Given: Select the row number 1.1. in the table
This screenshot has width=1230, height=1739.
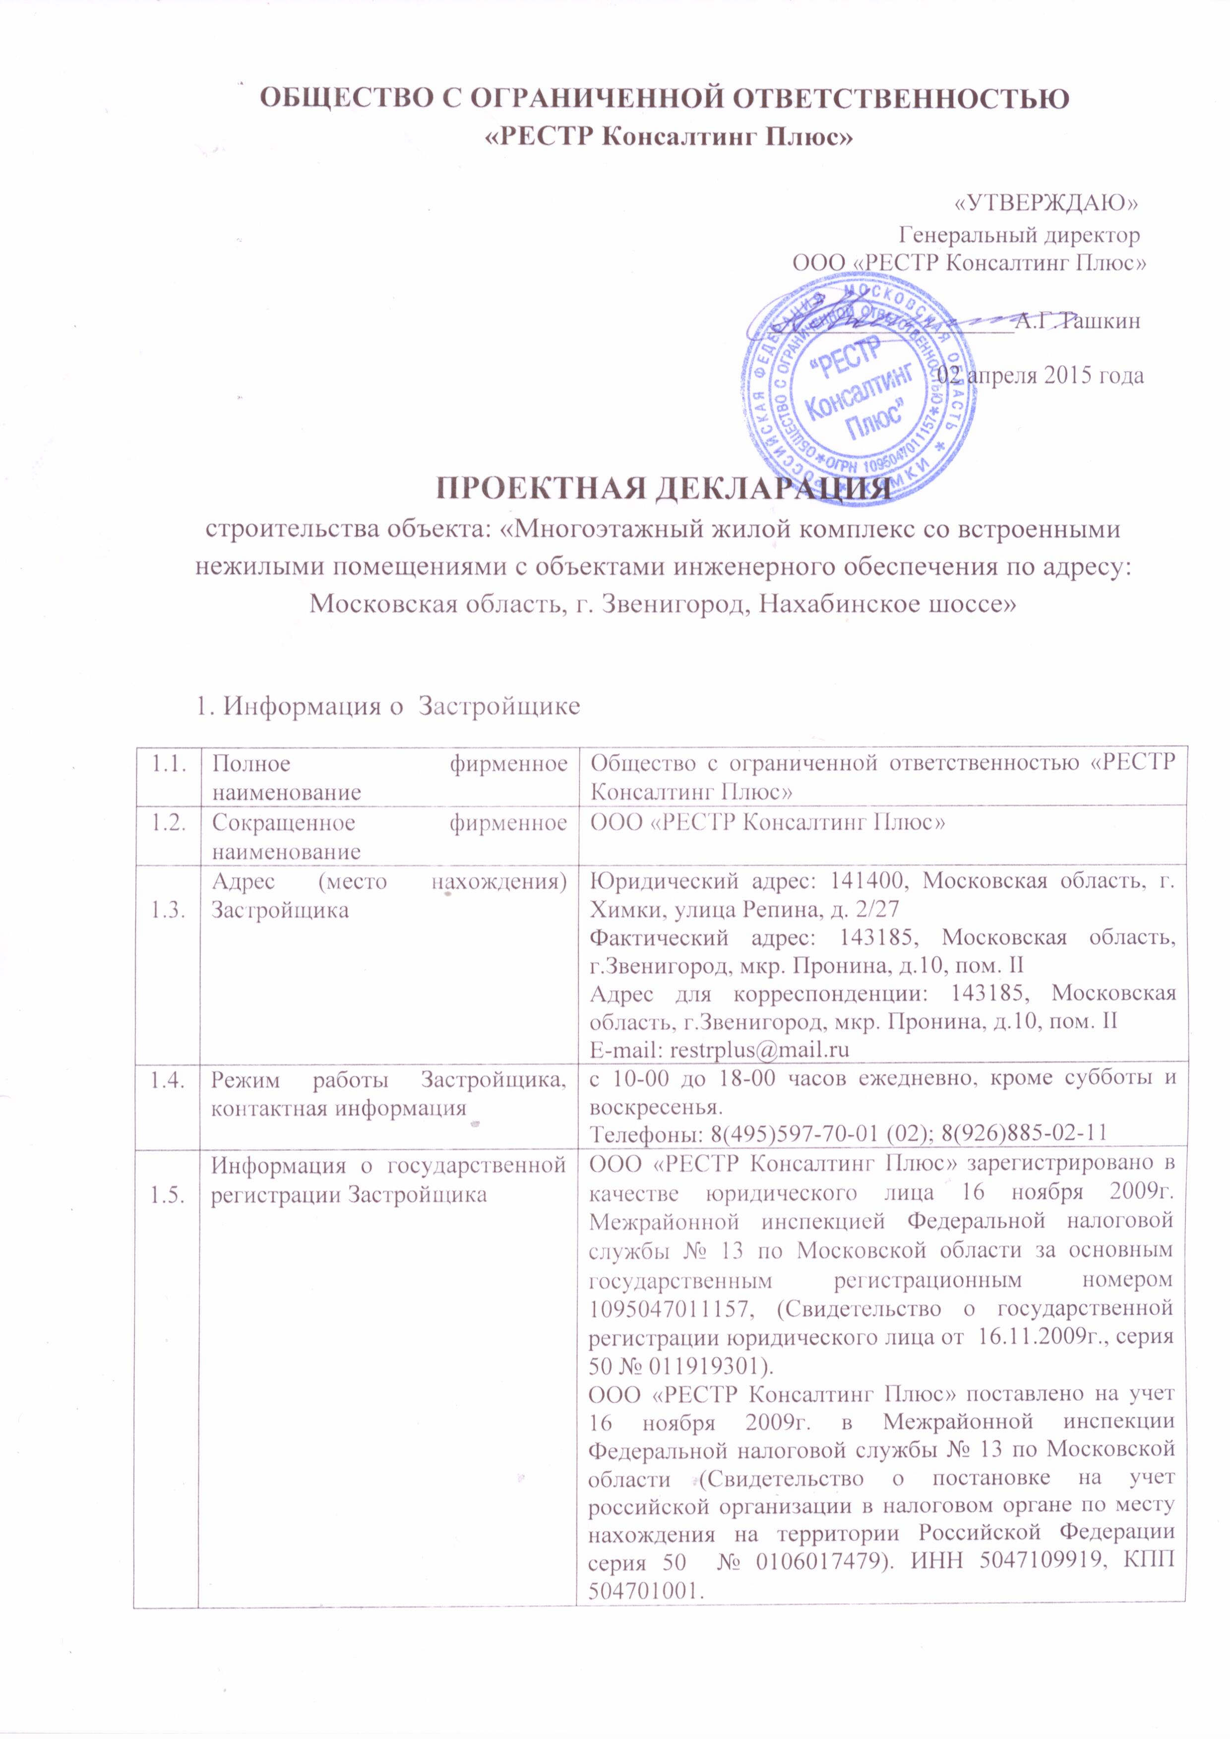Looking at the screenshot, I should (x=166, y=764).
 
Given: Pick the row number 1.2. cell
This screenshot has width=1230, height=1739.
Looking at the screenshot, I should (x=166, y=823).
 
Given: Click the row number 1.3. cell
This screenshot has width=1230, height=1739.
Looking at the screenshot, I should (x=166, y=911).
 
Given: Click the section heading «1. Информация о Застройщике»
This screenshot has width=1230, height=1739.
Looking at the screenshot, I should (x=388, y=706).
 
